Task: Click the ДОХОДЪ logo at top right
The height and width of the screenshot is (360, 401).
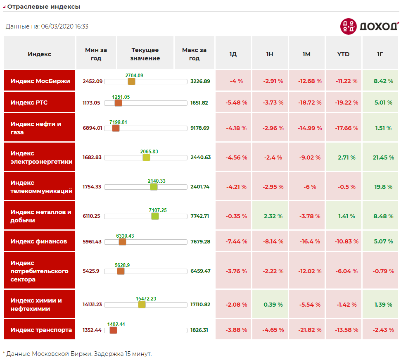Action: click(x=369, y=26)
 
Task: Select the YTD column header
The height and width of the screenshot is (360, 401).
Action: click(x=343, y=54)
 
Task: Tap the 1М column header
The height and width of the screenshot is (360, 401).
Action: click(x=306, y=54)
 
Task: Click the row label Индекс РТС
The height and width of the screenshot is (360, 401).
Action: click(x=29, y=103)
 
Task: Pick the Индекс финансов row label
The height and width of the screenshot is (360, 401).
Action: click(x=38, y=241)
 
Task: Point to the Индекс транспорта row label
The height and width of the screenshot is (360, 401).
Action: click(x=41, y=330)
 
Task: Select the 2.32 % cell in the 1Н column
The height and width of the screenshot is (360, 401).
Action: click(x=273, y=216)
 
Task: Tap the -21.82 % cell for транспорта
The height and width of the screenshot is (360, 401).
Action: click(x=310, y=330)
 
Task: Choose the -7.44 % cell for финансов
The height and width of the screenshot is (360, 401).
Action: click(x=236, y=241)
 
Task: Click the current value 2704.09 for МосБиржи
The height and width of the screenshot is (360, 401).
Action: click(x=134, y=76)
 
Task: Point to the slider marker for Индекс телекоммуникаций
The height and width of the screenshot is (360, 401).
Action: click(x=154, y=187)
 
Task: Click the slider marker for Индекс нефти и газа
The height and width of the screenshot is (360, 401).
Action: click(x=116, y=128)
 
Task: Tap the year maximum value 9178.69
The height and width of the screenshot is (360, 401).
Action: click(x=200, y=128)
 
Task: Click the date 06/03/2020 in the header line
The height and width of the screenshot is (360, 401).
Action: click(x=57, y=26)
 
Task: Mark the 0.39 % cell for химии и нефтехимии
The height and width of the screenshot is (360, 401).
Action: click(x=273, y=305)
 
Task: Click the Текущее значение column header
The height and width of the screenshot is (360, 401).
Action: click(x=145, y=54)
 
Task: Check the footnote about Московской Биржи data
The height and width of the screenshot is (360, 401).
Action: click(x=77, y=354)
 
